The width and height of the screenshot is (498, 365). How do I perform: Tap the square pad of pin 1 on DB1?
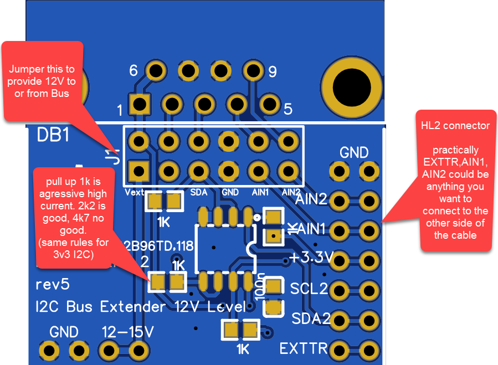138,104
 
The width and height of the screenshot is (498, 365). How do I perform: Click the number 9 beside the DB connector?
273,71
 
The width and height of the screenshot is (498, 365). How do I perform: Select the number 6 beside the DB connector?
133,71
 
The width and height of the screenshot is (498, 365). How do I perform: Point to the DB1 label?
53,135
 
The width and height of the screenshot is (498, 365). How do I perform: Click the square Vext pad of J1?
138,169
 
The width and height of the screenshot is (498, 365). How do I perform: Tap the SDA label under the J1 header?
199,192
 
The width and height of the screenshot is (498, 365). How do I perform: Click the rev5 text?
52,285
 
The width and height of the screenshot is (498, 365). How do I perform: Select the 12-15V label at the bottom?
127,332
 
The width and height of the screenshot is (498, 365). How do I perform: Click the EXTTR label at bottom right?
303,348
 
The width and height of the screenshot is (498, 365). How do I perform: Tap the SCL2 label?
309,289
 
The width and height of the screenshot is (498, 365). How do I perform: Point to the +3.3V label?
311,258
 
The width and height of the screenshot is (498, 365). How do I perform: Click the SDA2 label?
311,318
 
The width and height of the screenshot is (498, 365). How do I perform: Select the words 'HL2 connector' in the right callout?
455,126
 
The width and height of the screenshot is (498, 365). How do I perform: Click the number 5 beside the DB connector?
287,110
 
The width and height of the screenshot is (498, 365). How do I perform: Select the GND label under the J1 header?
229,192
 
